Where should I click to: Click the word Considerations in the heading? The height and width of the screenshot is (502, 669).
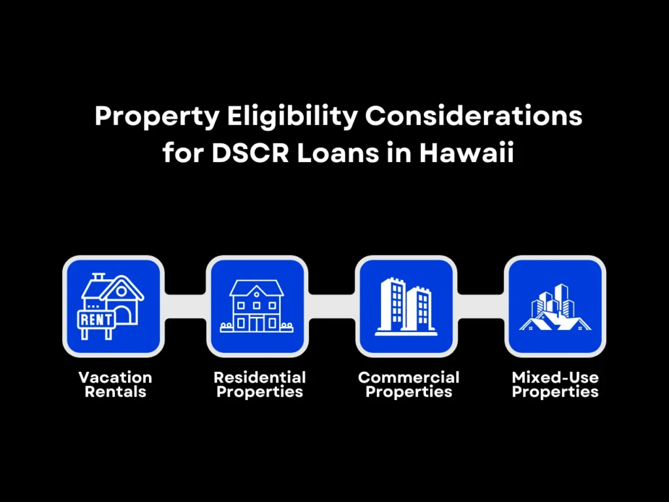pyautogui.click(x=473, y=117)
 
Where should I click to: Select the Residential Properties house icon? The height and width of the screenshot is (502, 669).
pyautogui.click(x=257, y=306)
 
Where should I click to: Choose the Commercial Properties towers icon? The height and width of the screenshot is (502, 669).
pyautogui.click(x=406, y=306)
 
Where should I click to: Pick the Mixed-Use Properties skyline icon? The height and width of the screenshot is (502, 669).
pyautogui.click(x=555, y=306)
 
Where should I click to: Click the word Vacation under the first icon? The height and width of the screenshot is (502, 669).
pyautogui.click(x=115, y=377)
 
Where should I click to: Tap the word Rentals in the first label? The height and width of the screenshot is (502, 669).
pyautogui.click(x=115, y=392)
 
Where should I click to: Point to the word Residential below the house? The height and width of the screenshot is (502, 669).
pyautogui.click(x=260, y=377)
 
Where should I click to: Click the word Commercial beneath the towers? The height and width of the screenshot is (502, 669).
pyautogui.click(x=409, y=377)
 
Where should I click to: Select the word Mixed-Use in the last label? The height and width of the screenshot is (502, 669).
pyautogui.click(x=555, y=377)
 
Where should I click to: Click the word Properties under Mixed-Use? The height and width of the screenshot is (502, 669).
pyautogui.click(x=555, y=392)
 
